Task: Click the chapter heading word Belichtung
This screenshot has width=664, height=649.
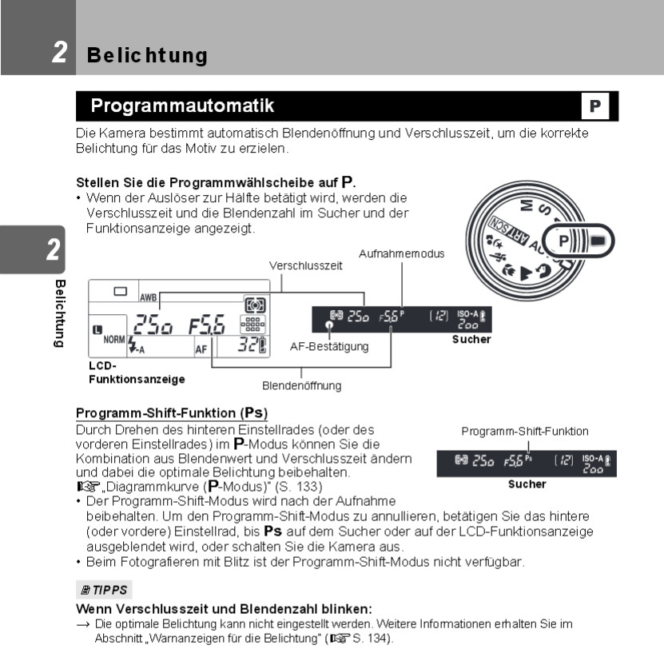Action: point(147,55)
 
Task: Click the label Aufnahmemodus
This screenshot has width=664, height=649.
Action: point(401,253)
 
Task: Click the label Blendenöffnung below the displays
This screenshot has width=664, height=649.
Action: point(303,385)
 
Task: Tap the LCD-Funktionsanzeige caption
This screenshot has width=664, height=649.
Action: point(137,372)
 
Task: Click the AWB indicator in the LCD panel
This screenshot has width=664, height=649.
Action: point(148,297)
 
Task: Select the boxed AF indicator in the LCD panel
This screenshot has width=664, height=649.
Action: point(202,348)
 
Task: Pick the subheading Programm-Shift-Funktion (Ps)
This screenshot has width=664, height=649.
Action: point(172,413)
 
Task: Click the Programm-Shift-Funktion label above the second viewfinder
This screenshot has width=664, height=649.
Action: point(525,432)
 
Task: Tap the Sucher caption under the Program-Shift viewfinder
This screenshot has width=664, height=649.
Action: point(527,484)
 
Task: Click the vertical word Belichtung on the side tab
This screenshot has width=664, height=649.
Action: point(58,313)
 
